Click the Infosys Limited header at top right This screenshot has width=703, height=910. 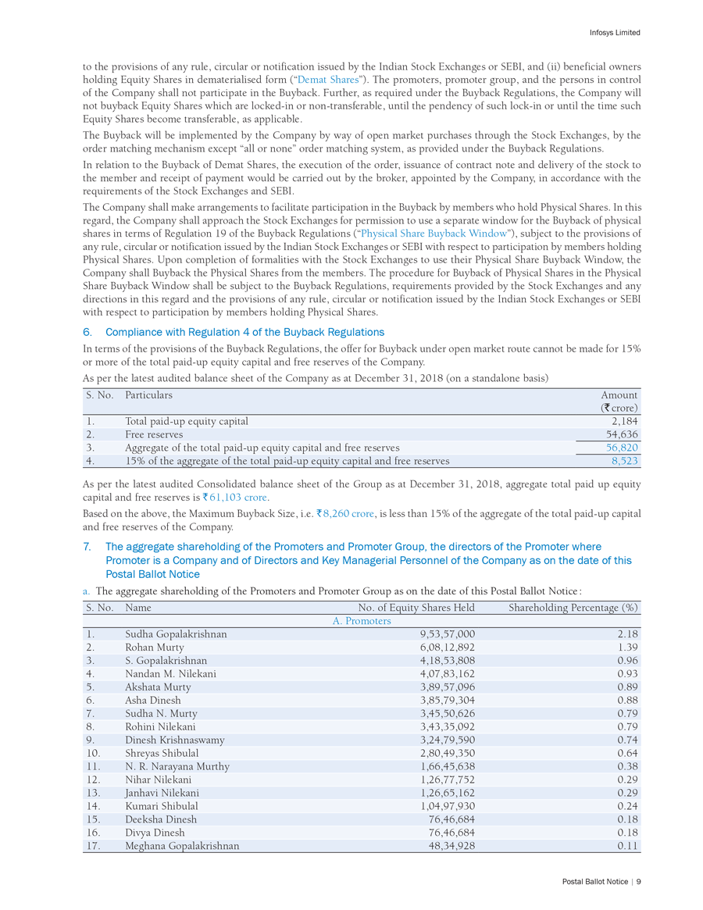[x=615, y=33]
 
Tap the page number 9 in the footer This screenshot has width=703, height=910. [x=638, y=881]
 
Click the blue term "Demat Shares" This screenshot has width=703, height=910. [x=328, y=80]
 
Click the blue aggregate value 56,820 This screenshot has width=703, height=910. [x=622, y=448]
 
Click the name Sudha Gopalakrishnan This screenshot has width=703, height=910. [x=176, y=634]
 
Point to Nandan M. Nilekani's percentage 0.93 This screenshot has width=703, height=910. [x=628, y=673]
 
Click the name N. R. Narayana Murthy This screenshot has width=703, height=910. [x=177, y=766]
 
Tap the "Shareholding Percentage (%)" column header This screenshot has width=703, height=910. [x=573, y=607]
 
